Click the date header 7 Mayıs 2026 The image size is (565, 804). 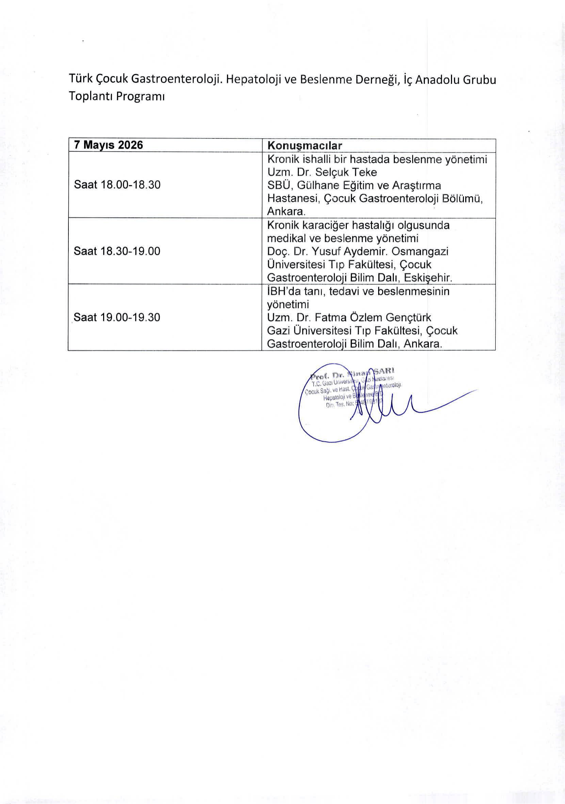click(x=109, y=145)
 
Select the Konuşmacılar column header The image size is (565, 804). click(x=304, y=146)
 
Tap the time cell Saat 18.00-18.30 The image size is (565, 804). click(x=117, y=185)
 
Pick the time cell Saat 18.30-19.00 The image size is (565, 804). click(x=117, y=251)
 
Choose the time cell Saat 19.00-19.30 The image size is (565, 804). click(x=117, y=317)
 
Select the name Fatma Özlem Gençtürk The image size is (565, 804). click(x=373, y=318)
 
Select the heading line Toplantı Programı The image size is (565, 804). click(x=116, y=96)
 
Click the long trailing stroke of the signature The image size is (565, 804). click(x=448, y=401)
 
